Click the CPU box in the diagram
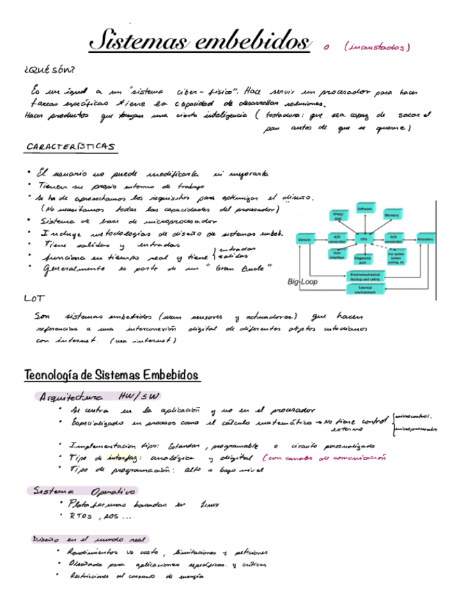[363, 239]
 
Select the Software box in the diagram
[364, 209]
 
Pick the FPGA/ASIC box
[339, 216]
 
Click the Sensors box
[304, 239]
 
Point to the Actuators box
[425, 239]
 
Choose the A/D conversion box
[337, 239]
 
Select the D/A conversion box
[392, 239]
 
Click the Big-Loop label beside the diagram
[302, 282]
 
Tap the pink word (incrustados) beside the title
[377, 47]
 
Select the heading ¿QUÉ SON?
[49, 70]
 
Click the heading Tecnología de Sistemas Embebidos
[111, 376]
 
